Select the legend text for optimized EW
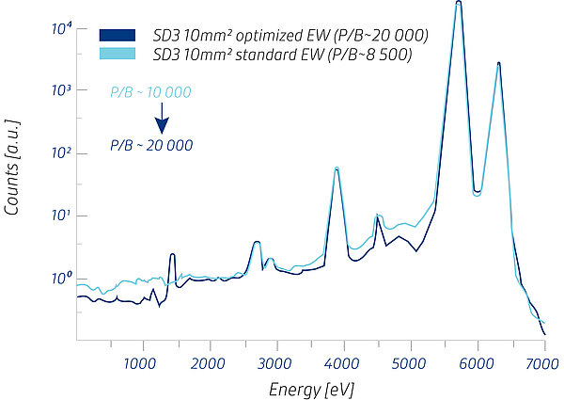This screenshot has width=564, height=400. [x=290, y=36]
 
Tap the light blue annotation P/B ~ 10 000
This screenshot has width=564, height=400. [x=151, y=91]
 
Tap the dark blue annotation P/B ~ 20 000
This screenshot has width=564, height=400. [x=151, y=145]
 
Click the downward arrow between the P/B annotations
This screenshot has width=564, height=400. [x=162, y=119]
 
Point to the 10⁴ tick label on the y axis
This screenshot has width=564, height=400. [x=60, y=28]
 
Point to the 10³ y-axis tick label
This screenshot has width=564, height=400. [x=60, y=90]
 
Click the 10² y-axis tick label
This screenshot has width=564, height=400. [x=60, y=153]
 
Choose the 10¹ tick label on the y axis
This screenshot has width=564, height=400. [x=60, y=216]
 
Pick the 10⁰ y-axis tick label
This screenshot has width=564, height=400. [x=60, y=279]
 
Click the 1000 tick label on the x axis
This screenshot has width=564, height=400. [x=141, y=361]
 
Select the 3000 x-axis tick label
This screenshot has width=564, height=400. [x=275, y=361]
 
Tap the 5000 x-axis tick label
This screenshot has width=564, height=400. [x=410, y=361]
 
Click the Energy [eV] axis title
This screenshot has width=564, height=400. [x=309, y=387]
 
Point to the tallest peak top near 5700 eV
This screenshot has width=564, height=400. [x=458, y=4]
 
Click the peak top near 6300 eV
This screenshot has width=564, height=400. [x=498, y=64]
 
